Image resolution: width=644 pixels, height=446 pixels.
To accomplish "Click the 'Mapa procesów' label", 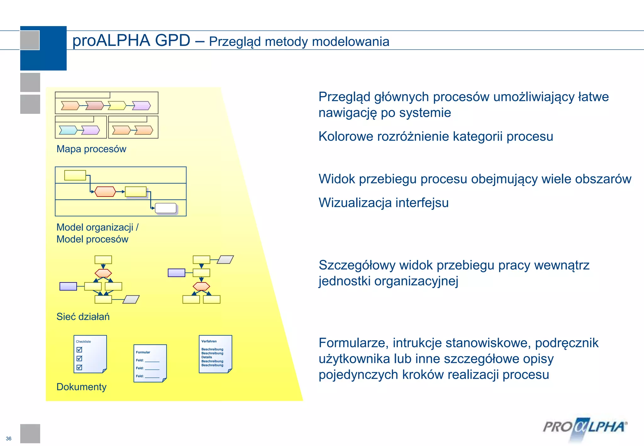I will (x=91, y=149).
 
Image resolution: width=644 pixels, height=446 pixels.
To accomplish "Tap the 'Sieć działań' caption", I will (x=83, y=316).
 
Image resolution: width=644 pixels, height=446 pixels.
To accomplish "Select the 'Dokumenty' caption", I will (x=81, y=387).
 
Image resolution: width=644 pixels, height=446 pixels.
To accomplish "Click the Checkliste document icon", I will (x=90, y=354).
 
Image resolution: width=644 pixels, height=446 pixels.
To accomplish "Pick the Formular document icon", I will (x=150, y=363).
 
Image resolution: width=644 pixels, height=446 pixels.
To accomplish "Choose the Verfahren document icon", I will (x=215, y=354).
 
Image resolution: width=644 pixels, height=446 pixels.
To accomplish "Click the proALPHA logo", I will (x=585, y=428).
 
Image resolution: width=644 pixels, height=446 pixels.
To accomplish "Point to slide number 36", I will (x=8, y=438).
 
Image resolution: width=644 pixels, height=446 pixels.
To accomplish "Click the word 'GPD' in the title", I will (x=172, y=41).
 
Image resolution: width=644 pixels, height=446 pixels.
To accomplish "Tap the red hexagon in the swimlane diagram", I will (x=105, y=192).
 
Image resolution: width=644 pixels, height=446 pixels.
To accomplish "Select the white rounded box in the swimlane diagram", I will (x=166, y=208).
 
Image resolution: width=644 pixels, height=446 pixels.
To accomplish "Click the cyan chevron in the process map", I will (x=68, y=130).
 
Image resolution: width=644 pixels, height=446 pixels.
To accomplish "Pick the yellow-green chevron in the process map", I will (x=117, y=105).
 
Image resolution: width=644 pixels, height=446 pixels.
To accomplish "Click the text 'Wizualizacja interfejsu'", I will (x=383, y=203).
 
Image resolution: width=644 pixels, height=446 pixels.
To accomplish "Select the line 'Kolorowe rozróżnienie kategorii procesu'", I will (x=436, y=137).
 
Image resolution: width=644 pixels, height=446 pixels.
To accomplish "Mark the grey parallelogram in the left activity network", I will (x=131, y=299).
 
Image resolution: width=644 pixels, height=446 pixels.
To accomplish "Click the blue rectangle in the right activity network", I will (x=176, y=273).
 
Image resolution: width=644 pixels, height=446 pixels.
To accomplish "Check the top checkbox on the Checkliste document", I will (x=79, y=349).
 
